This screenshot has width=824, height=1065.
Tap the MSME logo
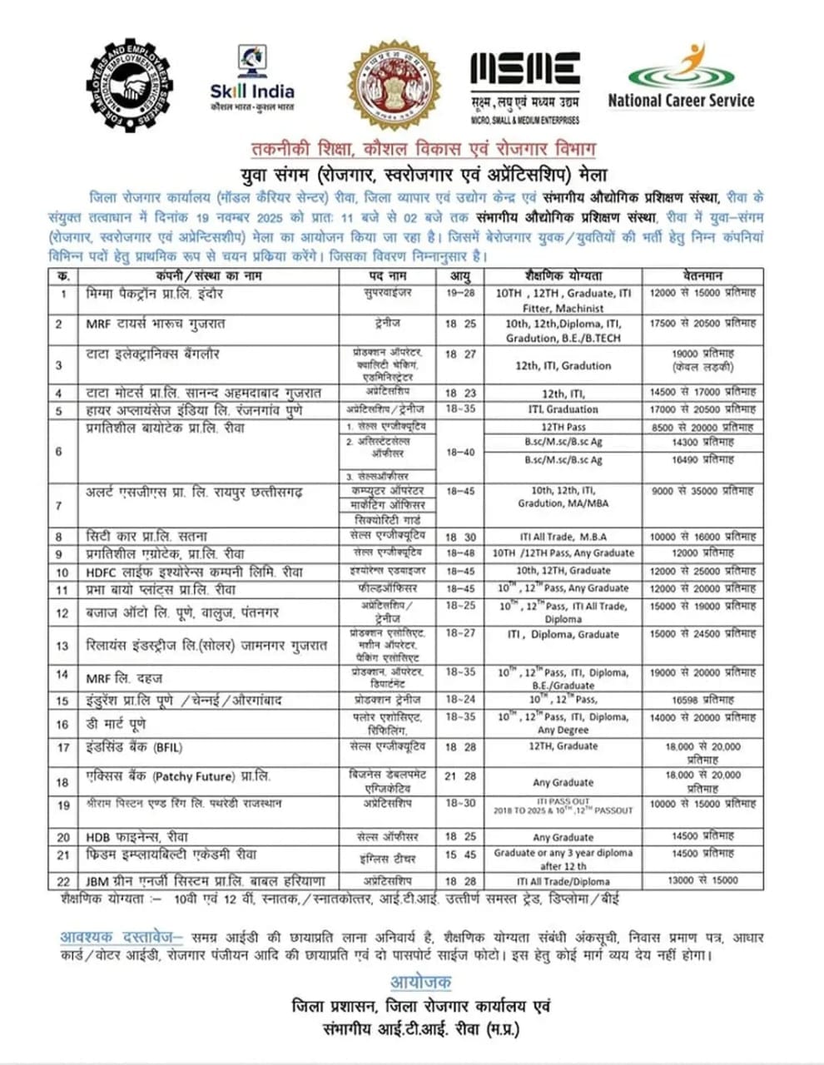pyautogui.click(x=524, y=83)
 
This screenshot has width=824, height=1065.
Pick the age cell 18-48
pyautogui.click(x=460, y=552)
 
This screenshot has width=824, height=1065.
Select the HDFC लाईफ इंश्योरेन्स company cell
pyautogui.click(x=183, y=572)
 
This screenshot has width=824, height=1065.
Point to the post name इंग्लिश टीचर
pyautogui.click(x=386, y=858)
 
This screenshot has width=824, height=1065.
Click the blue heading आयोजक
pyautogui.click(x=420, y=982)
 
